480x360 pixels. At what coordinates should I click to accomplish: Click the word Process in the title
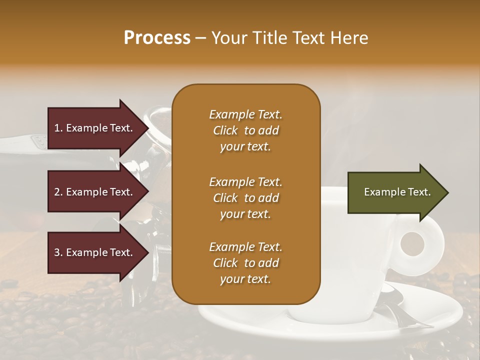157,38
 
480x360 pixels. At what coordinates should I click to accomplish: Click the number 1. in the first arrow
58,128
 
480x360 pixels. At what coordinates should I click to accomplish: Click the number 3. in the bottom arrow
58,252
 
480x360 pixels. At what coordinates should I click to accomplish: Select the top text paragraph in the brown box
245,130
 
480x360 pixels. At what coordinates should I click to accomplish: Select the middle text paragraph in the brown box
245,198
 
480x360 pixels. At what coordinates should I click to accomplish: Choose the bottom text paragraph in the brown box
245,263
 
